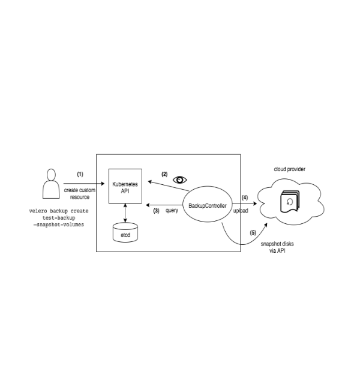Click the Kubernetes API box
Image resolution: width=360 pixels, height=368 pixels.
(125, 186)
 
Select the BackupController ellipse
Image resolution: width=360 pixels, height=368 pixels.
(207, 205)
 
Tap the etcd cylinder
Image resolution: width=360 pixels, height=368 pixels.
(125, 233)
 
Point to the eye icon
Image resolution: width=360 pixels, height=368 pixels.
(180, 179)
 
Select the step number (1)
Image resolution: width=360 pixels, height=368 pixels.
(81, 175)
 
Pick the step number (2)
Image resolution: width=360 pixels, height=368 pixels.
(164, 175)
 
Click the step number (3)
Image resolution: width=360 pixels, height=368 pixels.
(156, 211)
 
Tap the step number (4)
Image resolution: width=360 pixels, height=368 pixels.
(244, 197)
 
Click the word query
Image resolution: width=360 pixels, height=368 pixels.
(172, 211)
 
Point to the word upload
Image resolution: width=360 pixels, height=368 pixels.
(241, 211)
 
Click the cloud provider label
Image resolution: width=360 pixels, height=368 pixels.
(290, 170)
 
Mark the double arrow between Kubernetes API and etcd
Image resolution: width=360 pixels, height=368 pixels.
(125, 212)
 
